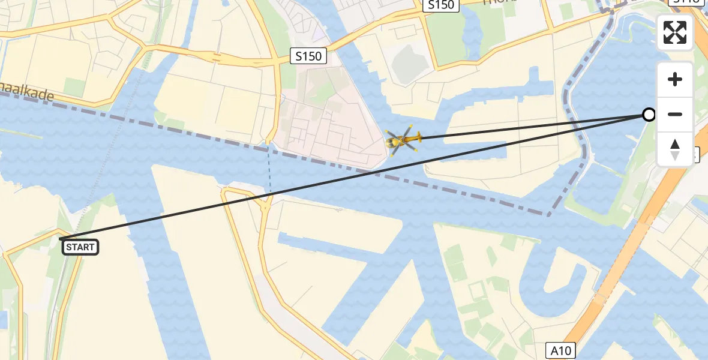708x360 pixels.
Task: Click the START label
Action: [x=80, y=247]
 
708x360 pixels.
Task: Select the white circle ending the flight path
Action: [x=649, y=115]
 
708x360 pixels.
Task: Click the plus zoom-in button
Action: [x=675, y=80]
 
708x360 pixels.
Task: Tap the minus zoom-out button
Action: [x=675, y=115]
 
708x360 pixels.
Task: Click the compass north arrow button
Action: [x=675, y=149]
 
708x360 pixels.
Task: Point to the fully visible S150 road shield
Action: [x=309, y=56]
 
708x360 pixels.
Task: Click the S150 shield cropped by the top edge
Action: [x=441, y=5]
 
